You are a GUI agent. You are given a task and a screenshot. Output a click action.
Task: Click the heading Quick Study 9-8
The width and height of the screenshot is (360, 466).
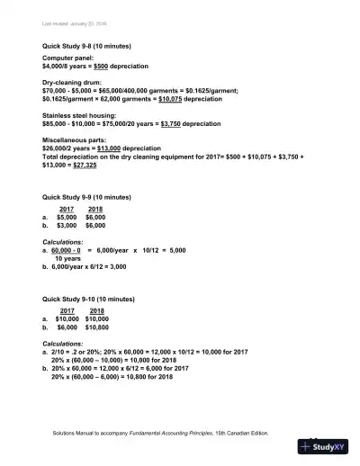(85, 45)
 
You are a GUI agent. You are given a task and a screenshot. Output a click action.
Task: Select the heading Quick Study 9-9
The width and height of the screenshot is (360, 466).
(85, 197)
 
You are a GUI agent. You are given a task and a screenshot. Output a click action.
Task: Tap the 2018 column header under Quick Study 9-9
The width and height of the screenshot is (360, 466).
(95, 209)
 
